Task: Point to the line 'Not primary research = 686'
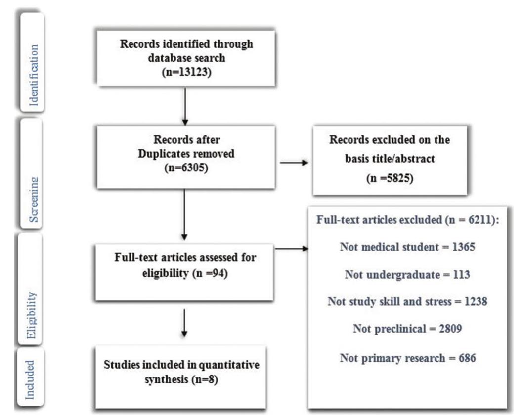point(401,358)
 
